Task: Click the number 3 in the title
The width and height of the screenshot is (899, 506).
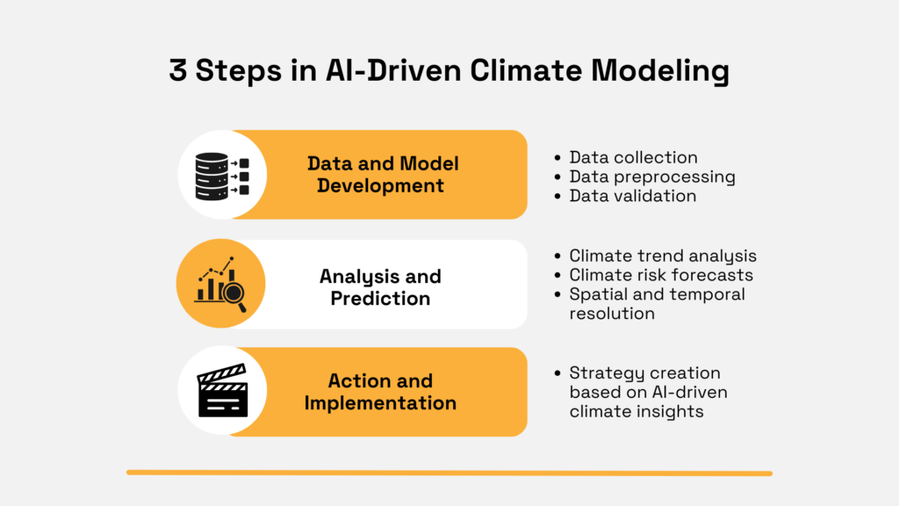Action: pyautogui.click(x=179, y=71)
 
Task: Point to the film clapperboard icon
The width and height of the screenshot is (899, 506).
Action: pyautogui.click(x=221, y=391)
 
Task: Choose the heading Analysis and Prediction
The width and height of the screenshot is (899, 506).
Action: pyautogui.click(x=380, y=286)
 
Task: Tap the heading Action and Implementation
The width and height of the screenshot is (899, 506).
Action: pyautogui.click(x=380, y=392)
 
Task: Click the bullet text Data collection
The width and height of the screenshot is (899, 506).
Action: pyautogui.click(x=633, y=157)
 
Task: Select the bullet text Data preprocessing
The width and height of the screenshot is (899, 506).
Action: pyautogui.click(x=651, y=177)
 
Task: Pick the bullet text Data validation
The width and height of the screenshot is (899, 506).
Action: pyautogui.click(x=632, y=196)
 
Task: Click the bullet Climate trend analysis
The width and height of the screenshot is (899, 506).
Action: pyautogui.click(x=663, y=256)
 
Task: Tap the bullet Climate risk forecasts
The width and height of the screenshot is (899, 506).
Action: pyautogui.click(x=660, y=275)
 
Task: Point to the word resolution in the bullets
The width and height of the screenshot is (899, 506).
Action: pyautogui.click(x=612, y=314)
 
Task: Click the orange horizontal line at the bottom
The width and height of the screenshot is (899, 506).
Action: pyautogui.click(x=449, y=473)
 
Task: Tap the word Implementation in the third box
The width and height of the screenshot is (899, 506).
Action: pyautogui.click(x=380, y=403)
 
